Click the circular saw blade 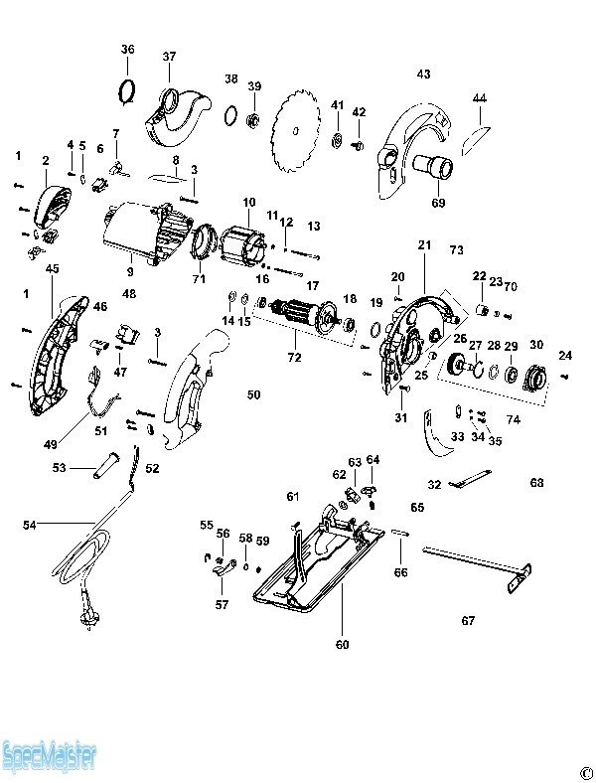295,132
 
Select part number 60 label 343,644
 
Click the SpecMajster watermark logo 49,756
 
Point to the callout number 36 127,49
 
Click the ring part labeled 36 127,90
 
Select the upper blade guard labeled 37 177,118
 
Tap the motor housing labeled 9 148,232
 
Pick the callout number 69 439,203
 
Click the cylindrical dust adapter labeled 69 433,166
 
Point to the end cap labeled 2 53,205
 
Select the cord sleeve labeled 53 103,466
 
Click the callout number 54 30,525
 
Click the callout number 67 468,621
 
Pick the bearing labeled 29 512,375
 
